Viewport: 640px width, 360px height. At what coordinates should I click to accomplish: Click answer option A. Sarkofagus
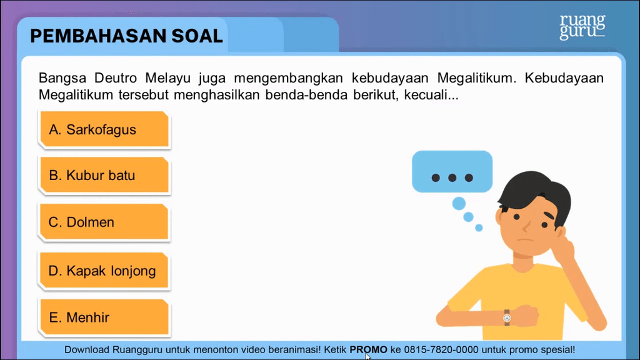click(104, 129)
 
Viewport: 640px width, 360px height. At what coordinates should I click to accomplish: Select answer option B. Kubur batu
click(104, 175)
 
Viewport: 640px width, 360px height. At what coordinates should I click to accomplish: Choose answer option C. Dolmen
click(104, 222)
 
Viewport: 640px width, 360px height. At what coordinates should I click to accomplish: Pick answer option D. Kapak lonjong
click(104, 271)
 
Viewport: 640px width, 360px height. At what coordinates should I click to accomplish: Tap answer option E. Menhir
click(104, 317)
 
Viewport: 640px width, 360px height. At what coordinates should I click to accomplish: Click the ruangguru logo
click(582, 26)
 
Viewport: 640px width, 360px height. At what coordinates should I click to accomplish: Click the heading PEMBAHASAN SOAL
click(126, 36)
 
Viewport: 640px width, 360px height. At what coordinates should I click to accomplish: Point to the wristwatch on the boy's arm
click(507, 317)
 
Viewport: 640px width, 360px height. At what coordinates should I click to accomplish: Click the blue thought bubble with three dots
click(452, 171)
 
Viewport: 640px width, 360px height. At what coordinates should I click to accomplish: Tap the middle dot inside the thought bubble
click(452, 177)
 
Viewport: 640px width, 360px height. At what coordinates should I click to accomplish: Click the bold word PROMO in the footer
click(368, 350)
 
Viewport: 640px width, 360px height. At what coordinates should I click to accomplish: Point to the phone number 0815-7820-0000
click(441, 350)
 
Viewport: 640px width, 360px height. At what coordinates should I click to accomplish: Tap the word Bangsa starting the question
click(62, 78)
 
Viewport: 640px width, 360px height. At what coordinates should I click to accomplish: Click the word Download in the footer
click(87, 350)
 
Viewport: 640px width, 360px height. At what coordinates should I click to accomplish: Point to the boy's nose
click(527, 225)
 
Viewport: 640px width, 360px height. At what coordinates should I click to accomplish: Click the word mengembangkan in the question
click(288, 78)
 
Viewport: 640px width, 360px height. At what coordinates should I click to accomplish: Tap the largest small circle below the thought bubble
click(459, 203)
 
